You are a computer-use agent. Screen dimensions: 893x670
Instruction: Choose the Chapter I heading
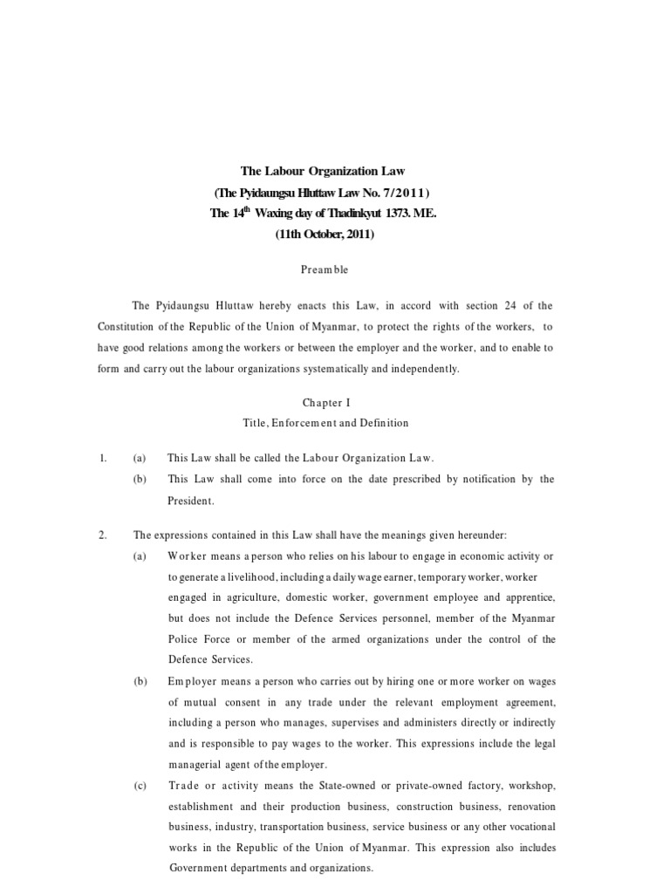324,403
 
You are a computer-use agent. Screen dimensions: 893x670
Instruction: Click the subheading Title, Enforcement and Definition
325,423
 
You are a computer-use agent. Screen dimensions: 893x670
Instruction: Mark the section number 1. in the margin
102,458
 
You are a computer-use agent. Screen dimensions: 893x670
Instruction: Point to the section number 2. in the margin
102,535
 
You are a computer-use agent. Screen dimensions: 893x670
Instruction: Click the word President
190,501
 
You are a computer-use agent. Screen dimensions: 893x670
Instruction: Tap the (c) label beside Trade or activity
140,786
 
